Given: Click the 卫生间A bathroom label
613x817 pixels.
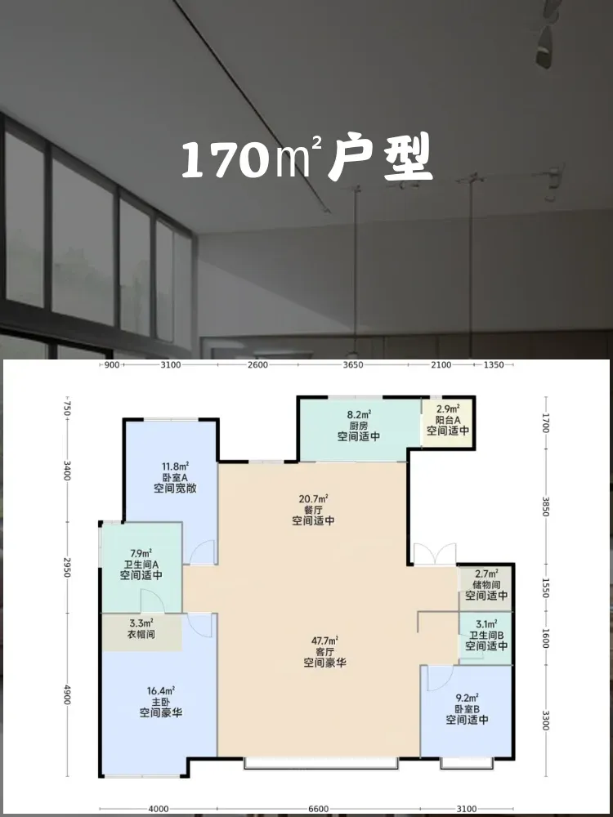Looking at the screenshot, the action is [x=141, y=565].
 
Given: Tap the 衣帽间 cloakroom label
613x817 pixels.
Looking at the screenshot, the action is [x=141, y=635].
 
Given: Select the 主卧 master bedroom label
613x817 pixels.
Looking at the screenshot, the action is [x=160, y=701].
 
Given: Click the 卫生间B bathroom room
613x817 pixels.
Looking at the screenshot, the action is [x=485, y=638].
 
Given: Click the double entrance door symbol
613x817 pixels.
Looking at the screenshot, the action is [x=435, y=555].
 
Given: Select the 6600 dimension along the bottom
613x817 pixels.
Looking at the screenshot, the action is [x=319, y=809].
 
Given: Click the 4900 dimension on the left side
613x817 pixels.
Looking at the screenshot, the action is [x=67, y=695].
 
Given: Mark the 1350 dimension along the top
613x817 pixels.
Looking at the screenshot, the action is [x=494, y=364].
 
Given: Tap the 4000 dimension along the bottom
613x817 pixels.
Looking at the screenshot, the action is [x=159, y=809].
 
